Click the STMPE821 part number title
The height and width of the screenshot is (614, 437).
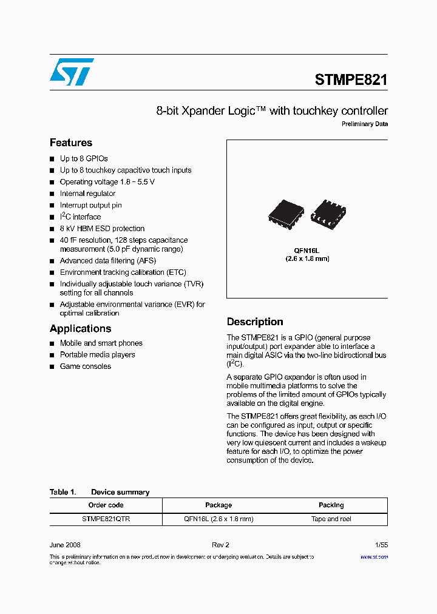(351, 79)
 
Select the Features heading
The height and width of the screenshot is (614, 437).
(71, 143)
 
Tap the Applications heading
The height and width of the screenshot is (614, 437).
(80, 329)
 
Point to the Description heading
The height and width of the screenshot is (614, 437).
(255, 322)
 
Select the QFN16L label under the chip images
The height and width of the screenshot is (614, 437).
(307, 250)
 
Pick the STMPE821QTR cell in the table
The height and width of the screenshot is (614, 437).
(106, 519)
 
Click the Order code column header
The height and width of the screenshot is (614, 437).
(106, 505)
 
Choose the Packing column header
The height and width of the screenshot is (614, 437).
(331, 505)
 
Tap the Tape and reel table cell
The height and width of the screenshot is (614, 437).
(331, 519)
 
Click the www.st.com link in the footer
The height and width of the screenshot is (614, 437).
(374, 557)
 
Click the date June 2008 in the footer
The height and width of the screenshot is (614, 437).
(65, 545)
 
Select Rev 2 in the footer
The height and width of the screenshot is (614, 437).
(220, 545)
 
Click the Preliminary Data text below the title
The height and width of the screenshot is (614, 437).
(364, 124)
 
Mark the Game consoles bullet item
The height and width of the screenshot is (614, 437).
(86, 366)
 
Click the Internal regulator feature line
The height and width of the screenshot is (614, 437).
(87, 194)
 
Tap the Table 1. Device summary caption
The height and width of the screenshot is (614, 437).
(100, 492)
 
